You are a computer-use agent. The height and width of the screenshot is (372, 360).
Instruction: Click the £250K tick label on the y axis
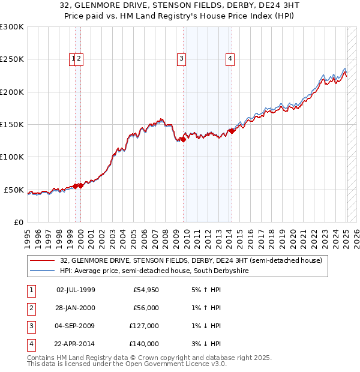click(12, 59)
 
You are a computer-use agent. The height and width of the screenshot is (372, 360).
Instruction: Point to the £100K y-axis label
click(12, 157)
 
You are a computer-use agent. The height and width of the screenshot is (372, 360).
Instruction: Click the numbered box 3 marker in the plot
click(181, 58)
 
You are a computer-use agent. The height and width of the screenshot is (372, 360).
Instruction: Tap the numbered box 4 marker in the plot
click(230, 58)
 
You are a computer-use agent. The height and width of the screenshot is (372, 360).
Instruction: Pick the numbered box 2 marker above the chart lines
click(79, 58)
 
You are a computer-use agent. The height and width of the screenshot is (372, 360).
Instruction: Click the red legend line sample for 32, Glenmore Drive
click(43, 261)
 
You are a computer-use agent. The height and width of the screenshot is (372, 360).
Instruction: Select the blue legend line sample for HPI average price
click(43, 271)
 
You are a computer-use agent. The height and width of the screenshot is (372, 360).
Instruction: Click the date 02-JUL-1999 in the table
click(76, 290)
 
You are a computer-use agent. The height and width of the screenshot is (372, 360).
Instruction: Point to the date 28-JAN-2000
click(76, 308)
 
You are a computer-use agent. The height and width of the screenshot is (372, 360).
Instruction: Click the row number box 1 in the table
click(31, 290)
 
